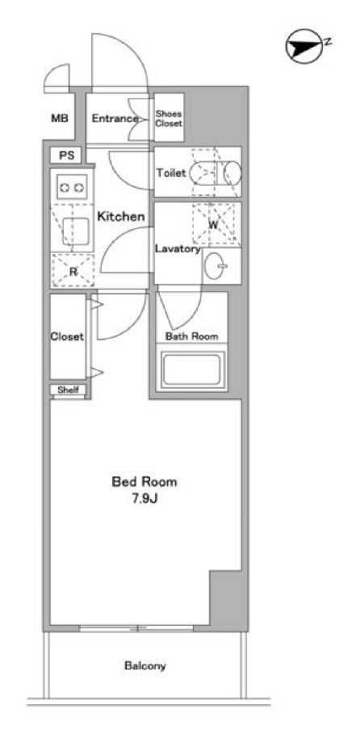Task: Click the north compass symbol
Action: (304, 47)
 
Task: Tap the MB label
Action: (60, 119)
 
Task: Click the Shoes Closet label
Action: (169, 119)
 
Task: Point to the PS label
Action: (67, 156)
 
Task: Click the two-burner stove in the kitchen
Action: (72, 188)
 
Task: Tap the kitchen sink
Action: (75, 232)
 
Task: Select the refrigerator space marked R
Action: (73, 270)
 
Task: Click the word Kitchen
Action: (120, 216)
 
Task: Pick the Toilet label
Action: (171, 173)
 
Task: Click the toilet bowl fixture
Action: (216, 173)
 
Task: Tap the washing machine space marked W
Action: (216, 224)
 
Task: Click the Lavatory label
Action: (178, 248)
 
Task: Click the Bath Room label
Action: (192, 336)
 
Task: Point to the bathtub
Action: (192, 369)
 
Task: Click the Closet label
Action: (67, 336)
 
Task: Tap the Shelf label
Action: (68, 390)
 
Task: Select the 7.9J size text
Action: (144, 500)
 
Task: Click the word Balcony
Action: (144, 665)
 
